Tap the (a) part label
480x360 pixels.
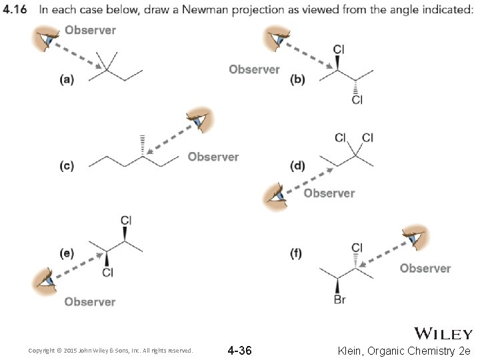click(x=67, y=79)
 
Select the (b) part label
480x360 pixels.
click(x=298, y=79)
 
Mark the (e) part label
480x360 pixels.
click(x=67, y=253)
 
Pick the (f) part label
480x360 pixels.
click(x=298, y=253)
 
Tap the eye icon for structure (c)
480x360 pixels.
click(x=199, y=120)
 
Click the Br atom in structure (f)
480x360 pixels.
click(x=339, y=300)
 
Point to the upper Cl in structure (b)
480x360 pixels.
click(x=339, y=49)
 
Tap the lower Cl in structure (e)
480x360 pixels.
click(x=107, y=272)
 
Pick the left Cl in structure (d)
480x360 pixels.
click(x=341, y=138)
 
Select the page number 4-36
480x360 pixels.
click(x=239, y=350)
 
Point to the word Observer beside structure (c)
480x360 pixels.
click(x=213, y=157)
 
